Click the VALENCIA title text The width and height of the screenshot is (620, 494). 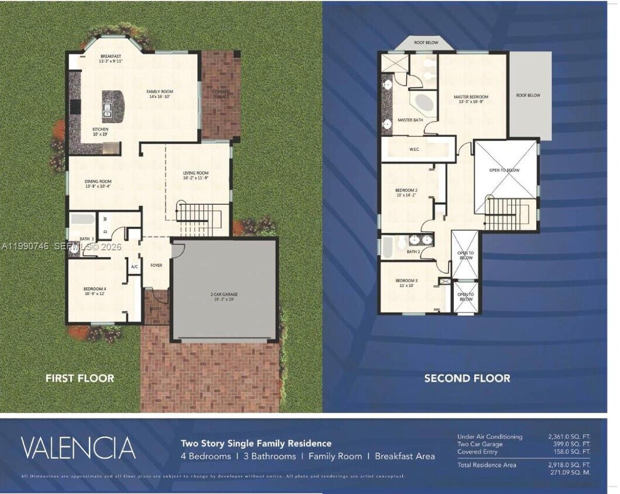(78, 448)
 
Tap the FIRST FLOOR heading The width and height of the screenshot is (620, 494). (80, 378)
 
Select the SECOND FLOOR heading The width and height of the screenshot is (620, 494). (467, 378)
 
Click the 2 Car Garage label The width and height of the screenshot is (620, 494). (224, 296)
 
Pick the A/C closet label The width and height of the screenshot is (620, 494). (134, 266)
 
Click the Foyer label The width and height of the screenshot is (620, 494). (156, 265)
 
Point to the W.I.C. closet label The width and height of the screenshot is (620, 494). (415, 149)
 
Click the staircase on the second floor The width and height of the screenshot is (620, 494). (507, 214)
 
